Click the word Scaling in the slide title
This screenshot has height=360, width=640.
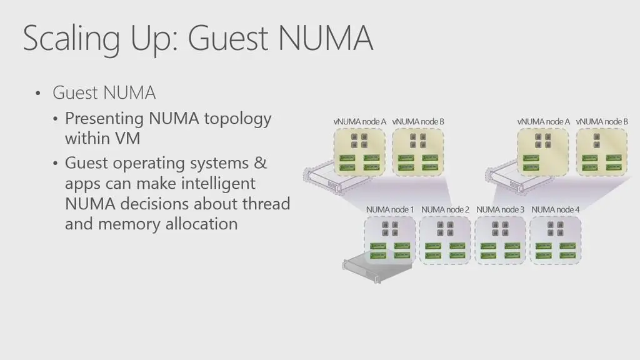click(x=62, y=39)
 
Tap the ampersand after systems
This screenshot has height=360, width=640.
click(x=260, y=163)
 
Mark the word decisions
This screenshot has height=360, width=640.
click(x=155, y=204)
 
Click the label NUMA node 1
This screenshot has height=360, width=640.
click(x=390, y=209)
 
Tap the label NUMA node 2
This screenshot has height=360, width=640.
click(x=445, y=209)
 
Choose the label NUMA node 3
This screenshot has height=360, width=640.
click(x=500, y=209)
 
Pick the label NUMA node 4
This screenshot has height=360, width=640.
click(x=555, y=209)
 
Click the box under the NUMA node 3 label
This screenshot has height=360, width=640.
click(x=500, y=241)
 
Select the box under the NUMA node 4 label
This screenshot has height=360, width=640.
click(x=555, y=241)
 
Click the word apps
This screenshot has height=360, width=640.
click(x=81, y=184)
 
